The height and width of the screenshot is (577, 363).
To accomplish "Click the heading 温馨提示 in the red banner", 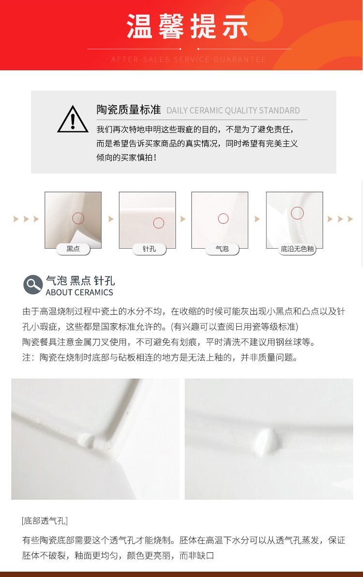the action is pos(187,26).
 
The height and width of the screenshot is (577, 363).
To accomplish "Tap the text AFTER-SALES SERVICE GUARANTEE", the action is pos(188,59).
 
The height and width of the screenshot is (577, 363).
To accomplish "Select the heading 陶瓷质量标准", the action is pos(129,109).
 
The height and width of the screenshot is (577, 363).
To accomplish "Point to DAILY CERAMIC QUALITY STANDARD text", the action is pos(233,111).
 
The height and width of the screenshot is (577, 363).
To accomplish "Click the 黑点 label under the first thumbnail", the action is pos(73,249).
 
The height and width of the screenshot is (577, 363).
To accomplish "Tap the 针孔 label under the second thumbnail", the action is pos(149,249).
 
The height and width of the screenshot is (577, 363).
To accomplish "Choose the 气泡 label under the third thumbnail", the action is pos(222,249).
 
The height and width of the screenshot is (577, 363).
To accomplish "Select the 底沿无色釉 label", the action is pos(297,249).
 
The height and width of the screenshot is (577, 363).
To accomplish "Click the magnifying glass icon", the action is pos(33,285).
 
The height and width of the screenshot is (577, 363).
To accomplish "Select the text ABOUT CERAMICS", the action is pos(79,292).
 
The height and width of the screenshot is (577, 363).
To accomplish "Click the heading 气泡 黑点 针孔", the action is pos(80,281).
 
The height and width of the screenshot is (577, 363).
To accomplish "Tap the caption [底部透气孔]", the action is pos(45,521).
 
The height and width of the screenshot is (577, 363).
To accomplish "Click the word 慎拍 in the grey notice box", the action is pos(145,158).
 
